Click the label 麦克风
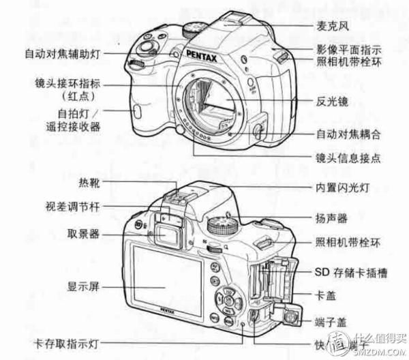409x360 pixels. (332, 27)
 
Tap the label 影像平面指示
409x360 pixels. (348, 49)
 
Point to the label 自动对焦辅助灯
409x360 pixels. (65, 52)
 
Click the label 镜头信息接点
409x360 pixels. (348, 157)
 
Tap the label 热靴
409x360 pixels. (89, 183)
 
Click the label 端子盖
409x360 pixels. (331, 321)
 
